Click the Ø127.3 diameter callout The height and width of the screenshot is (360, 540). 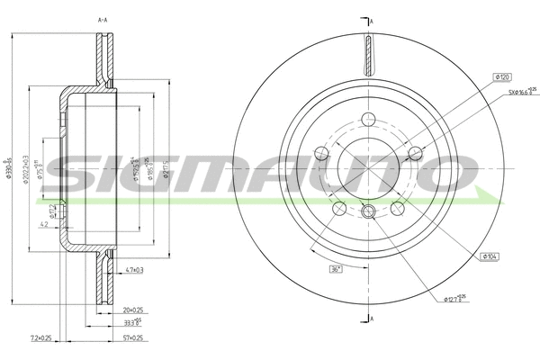[x=458, y=299]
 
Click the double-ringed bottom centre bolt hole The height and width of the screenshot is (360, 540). [x=367, y=211]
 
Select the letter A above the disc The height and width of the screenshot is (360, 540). [x=371, y=20]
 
